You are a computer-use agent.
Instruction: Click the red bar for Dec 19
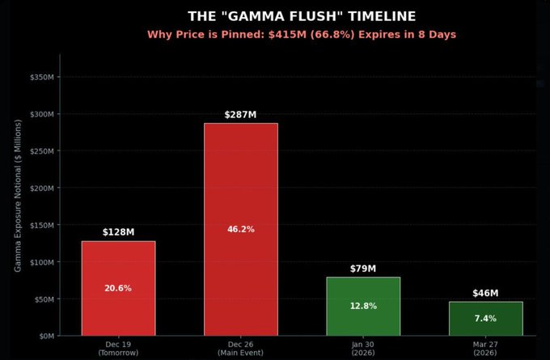(118, 267)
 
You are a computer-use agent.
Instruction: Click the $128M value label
(118, 232)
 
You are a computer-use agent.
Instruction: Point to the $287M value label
(240, 114)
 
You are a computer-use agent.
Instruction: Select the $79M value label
(363, 268)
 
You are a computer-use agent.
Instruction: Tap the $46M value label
(485, 293)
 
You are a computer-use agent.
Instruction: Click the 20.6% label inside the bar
(118, 288)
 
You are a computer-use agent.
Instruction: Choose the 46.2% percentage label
(240, 229)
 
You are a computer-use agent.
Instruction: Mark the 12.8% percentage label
(363, 306)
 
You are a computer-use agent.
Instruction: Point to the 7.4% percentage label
(485, 318)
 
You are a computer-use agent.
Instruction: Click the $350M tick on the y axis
(41, 77)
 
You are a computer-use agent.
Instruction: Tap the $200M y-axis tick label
(41, 188)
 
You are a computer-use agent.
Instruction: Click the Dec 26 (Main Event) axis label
(240, 349)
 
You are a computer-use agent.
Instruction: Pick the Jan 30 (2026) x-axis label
(363, 349)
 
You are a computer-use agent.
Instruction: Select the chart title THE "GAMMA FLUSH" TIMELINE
(301, 16)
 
